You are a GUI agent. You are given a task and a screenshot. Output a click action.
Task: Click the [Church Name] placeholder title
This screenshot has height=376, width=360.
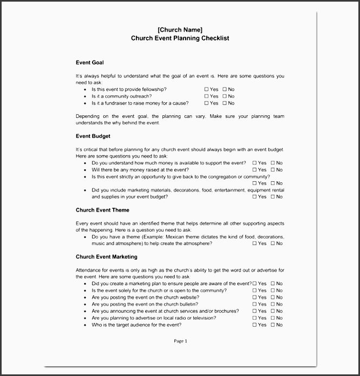(180, 29)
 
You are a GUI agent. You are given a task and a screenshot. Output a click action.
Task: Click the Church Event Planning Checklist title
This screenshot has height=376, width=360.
(180, 38)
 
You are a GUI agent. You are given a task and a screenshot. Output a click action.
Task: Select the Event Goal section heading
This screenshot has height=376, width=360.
(89, 63)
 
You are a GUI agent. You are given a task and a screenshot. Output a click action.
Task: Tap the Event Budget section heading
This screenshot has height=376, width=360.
(93, 136)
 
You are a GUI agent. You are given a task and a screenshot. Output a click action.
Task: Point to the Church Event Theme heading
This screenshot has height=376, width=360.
(102, 210)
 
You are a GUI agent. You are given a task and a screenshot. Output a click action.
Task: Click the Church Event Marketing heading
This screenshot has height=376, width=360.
(107, 257)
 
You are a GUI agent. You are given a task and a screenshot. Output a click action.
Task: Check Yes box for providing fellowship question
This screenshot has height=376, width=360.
(207, 89)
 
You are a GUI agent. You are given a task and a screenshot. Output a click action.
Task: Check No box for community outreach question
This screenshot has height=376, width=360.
(224, 96)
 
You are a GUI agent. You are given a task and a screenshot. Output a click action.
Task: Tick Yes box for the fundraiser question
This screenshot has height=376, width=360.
(207, 103)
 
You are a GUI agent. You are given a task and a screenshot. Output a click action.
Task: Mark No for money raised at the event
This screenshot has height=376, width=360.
(273, 170)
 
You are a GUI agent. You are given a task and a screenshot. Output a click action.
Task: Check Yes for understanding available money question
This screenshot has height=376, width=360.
(255, 163)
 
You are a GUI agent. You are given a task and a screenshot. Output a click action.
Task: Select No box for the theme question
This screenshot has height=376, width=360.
(273, 243)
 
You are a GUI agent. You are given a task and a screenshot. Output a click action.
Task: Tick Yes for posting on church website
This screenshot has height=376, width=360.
(255, 298)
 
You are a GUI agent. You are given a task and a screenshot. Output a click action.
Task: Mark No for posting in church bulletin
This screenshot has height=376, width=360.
(273, 305)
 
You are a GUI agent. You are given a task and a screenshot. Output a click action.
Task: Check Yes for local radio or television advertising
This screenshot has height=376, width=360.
(255, 318)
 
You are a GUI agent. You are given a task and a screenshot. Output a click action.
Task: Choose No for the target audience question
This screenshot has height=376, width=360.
(273, 325)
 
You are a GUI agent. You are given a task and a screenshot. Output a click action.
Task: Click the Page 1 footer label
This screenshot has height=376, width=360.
(180, 341)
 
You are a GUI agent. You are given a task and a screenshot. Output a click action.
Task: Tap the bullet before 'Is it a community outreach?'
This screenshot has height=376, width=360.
(85, 96)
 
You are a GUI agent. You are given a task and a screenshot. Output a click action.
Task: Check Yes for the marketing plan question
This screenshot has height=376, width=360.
(255, 283)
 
